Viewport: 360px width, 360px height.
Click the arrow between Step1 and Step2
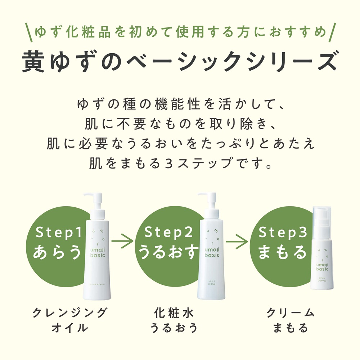coord(122,242)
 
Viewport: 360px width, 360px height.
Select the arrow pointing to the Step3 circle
coord(237,242)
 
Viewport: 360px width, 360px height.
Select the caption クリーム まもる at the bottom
coord(290,320)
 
